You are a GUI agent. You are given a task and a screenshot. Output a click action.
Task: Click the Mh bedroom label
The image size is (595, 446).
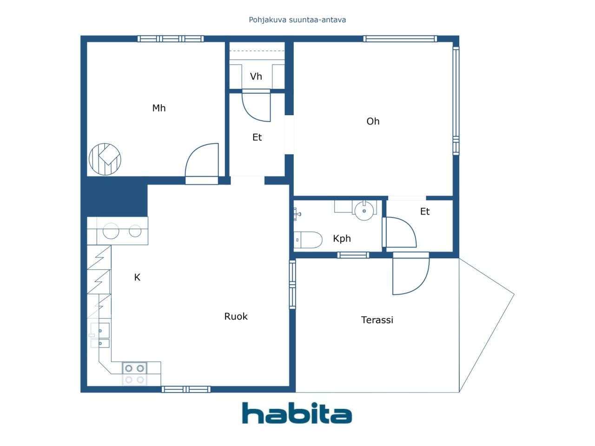[x=159, y=108]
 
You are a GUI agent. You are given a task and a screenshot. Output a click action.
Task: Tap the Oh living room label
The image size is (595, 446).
[x=373, y=121]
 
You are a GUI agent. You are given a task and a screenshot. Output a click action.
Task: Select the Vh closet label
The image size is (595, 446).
[x=256, y=76]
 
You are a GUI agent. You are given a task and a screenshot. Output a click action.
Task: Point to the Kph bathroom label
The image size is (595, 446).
[x=342, y=239]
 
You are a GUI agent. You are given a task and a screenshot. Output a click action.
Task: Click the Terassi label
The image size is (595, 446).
[x=377, y=320]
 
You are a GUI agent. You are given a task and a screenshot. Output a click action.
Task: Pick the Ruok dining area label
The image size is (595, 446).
[x=236, y=316]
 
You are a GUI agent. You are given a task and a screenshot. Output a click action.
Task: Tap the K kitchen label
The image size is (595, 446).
[x=137, y=277]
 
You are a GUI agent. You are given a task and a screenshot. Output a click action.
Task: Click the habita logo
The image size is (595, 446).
[x=297, y=413]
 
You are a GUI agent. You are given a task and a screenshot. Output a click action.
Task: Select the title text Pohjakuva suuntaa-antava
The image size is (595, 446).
[x=297, y=20]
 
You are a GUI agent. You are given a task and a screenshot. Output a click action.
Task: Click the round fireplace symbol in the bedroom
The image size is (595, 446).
[x=105, y=159]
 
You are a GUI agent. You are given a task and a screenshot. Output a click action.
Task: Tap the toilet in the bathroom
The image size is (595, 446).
[x=308, y=240]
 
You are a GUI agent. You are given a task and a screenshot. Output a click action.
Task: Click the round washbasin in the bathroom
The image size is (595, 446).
[x=364, y=210]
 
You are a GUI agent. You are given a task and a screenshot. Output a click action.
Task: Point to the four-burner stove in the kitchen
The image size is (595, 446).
[x=134, y=374]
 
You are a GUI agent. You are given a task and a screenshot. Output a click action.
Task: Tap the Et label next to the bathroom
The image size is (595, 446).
[x=425, y=211]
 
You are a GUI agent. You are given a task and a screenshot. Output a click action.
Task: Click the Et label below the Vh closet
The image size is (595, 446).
[x=257, y=138]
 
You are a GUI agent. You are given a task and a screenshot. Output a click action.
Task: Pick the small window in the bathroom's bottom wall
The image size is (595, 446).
[x=353, y=255]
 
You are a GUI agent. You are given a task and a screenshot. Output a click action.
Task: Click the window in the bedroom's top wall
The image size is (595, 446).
[x=171, y=39]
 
